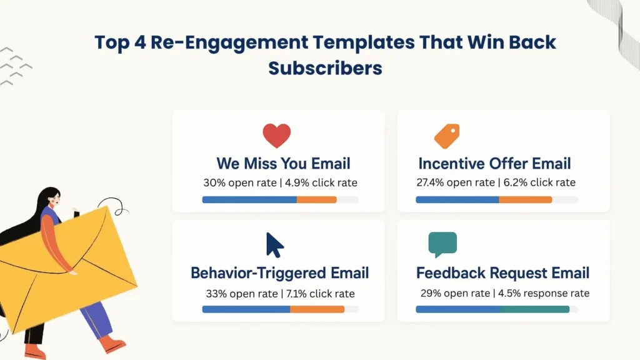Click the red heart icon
(x=277, y=136)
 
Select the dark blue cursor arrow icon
(x=274, y=245)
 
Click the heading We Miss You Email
(x=283, y=164)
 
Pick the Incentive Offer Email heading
(x=494, y=164)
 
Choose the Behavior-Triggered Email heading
(x=279, y=273)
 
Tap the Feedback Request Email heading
(x=502, y=273)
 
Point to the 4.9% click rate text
(x=322, y=183)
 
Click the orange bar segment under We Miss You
(x=316, y=200)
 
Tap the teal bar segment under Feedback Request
(x=534, y=309)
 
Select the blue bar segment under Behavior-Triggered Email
(x=246, y=309)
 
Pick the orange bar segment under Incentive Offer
(x=525, y=200)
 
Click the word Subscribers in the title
(x=325, y=67)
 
